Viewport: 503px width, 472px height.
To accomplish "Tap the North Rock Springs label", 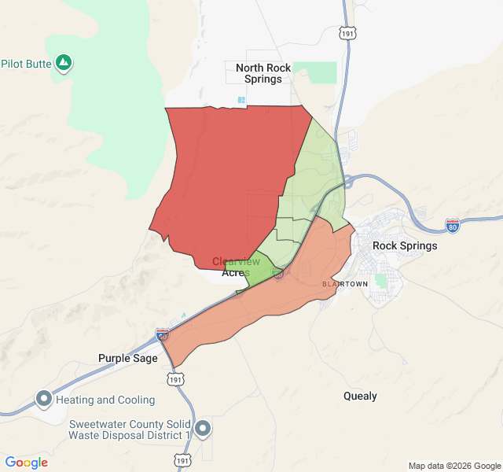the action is click(263, 73).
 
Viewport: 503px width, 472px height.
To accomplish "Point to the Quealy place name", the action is click(360, 396).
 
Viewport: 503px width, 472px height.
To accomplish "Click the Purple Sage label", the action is click(127, 358).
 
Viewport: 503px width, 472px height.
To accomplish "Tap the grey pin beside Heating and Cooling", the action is click(43, 399).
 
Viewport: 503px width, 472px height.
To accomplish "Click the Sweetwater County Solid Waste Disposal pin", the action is click(203, 429).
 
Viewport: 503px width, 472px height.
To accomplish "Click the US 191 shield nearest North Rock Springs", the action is click(347, 34).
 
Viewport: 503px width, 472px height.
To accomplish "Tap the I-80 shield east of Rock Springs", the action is click(453, 225).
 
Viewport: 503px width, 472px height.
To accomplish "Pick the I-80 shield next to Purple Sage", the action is click(162, 334).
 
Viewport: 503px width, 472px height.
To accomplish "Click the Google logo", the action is click(27, 463).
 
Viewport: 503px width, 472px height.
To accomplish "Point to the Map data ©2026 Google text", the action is click(453, 466).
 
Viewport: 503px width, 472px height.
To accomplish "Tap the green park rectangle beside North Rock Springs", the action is click(321, 72).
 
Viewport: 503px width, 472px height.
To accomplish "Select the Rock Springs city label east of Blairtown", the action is click(404, 245).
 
